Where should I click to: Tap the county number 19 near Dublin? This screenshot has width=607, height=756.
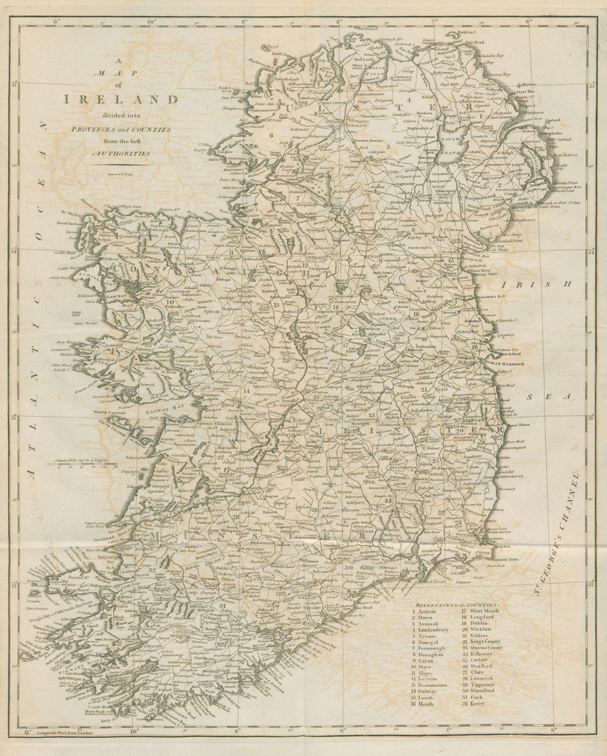tap(475, 346)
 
